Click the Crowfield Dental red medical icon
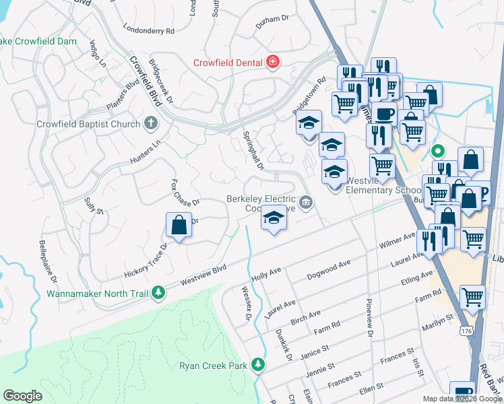[273, 63]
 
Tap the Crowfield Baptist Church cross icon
[151, 124]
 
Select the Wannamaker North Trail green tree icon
[158, 293]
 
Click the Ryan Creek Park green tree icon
[257, 365]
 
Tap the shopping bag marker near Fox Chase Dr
[179, 226]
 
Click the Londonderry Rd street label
[149, 30]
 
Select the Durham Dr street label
[272, 23]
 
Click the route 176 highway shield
[466, 331]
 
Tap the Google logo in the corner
[22, 396]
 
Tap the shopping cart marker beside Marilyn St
[473, 297]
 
